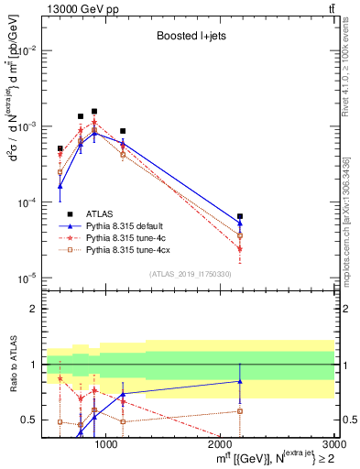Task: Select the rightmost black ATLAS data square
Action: point(240,216)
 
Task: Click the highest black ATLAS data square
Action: point(94,112)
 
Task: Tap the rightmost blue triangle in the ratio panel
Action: point(240,381)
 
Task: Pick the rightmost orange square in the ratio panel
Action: point(240,410)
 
